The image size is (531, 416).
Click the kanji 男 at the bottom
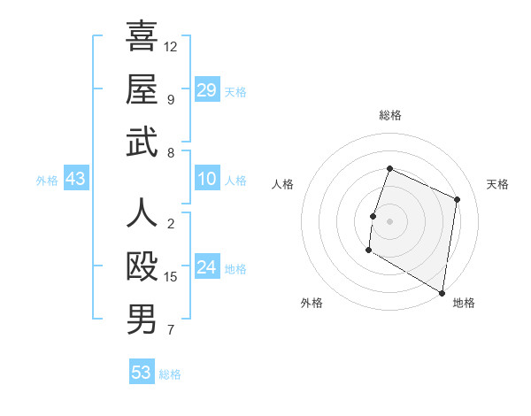coord(142,320)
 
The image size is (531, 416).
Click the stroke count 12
coord(171,46)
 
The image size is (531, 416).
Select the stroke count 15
coord(171,277)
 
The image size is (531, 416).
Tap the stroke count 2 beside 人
coord(170,223)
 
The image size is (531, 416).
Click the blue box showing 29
coord(207,90)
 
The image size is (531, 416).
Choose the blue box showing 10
coord(207,180)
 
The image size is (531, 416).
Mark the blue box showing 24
coord(207,268)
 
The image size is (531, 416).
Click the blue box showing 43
coord(76,180)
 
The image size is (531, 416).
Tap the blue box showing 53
coord(142,373)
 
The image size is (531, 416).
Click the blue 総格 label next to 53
coord(170,374)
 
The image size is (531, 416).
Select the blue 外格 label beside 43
coord(47,181)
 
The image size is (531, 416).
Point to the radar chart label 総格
coord(389,115)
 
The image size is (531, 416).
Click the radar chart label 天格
coord(497,184)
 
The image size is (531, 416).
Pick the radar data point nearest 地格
coord(442,291)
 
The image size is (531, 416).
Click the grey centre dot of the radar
coord(389,220)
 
